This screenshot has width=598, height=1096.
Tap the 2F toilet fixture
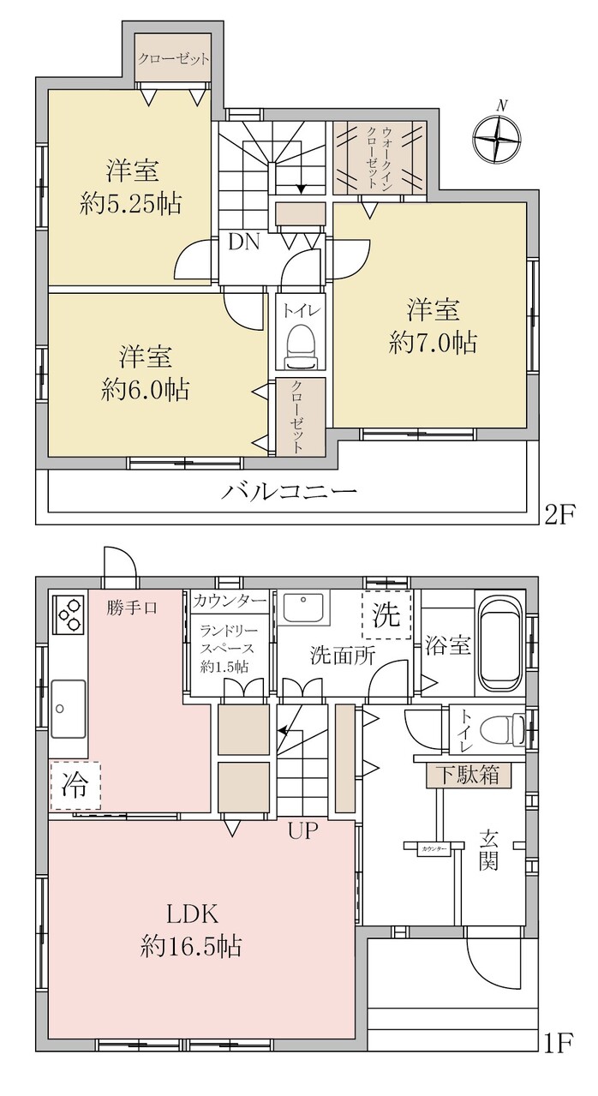point(299,346)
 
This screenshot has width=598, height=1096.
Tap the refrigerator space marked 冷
point(75,785)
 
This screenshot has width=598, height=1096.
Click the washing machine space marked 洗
point(386,615)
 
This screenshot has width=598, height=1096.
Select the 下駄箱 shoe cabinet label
point(467,776)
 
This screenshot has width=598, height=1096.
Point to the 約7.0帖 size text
point(434,344)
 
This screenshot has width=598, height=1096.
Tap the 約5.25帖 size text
point(131,204)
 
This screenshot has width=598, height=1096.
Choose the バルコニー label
point(289,491)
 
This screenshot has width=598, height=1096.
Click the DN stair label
point(244,243)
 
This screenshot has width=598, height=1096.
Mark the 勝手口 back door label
point(132,608)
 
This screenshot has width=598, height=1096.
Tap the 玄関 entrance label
point(487,849)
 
